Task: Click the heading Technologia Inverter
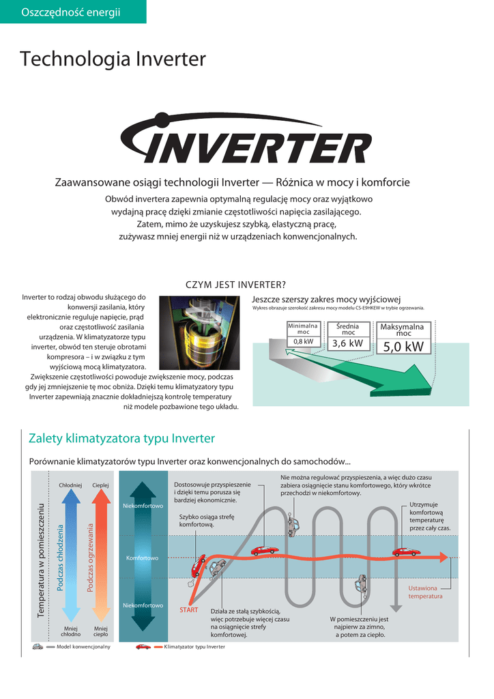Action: (113, 59)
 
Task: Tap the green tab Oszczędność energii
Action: (71, 12)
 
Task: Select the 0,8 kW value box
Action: (304, 341)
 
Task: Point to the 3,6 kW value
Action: (347, 343)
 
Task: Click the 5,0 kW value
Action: (403, 347)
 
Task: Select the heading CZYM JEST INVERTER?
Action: (235, 285)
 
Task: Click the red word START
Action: (188, 610)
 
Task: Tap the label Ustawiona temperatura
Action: (425, 592)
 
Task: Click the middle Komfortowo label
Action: (142, 558)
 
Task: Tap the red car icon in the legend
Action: (143, 646)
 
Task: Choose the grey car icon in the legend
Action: (38, 646)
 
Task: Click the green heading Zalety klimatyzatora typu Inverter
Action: (121, 438)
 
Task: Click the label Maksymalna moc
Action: (402, 330)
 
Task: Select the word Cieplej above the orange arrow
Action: (101, 485)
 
